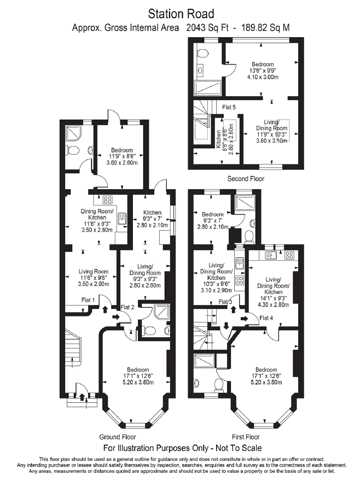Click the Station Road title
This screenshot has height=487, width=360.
[x=181, y=14]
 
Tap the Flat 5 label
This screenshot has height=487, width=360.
[x=229, y=107]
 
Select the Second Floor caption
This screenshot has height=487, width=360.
[x=246, y=179]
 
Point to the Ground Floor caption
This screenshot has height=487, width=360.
[x=118, y=437]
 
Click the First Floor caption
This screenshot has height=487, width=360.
[x=246, y=437]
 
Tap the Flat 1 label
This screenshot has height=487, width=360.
[x=88, y=300]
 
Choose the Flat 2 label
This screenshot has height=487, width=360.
[x=127, y=307]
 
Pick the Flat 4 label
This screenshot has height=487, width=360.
[x=266, y=318]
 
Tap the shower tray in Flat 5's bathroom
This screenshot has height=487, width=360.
[x=207, y=88]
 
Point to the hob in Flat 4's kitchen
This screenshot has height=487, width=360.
[x=289, y=255]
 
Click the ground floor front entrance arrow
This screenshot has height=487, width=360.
[x=82, y=397]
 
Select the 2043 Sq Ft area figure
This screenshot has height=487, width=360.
[x=207, y=28]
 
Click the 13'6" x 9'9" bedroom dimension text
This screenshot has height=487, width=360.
[x=263, y=71]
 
